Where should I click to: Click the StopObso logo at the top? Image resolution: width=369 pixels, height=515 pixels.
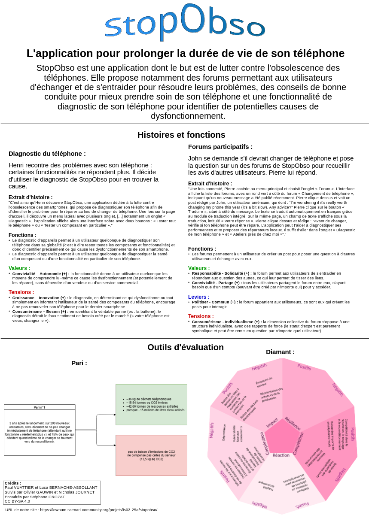point(185,22)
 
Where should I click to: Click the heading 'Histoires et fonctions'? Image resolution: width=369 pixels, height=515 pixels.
point(181,135)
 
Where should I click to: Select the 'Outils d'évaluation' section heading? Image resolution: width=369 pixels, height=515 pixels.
point(186,347)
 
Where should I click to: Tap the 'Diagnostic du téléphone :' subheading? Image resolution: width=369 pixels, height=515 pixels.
point(47,154)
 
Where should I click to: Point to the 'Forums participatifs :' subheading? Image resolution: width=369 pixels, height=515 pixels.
point(220,147)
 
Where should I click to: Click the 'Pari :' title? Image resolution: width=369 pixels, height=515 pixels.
point(79,363)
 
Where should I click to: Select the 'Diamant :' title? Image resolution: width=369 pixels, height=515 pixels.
point(280,352)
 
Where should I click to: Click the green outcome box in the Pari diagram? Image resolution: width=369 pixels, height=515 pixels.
point(151,404)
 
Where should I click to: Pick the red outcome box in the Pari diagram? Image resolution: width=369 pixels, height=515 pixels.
point(151,455)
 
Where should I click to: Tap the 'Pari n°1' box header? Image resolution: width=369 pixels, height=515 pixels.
point(40,407)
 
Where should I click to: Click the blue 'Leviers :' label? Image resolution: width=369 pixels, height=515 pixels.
point(199,297)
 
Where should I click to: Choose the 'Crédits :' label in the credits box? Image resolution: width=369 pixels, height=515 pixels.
point(13,483)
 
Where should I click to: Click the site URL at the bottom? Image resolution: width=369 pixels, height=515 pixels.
point(81,510)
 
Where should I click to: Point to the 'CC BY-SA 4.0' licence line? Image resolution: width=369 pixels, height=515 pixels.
point(17,501)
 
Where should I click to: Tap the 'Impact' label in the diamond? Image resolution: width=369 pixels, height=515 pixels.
point(272,423)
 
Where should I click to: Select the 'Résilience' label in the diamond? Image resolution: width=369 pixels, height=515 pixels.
point(293,423)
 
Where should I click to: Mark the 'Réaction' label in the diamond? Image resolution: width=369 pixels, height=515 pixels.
point(281,455)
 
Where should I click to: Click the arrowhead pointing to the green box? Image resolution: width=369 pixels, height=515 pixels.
point(114,415)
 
